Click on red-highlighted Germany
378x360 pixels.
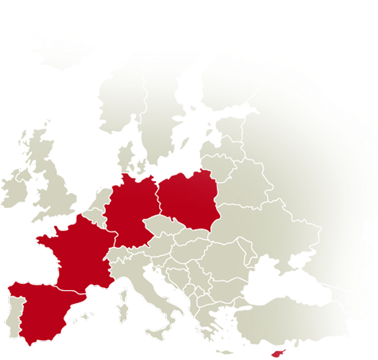[130, 208]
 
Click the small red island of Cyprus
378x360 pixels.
[278, 353]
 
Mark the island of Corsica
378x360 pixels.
[124, 293]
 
